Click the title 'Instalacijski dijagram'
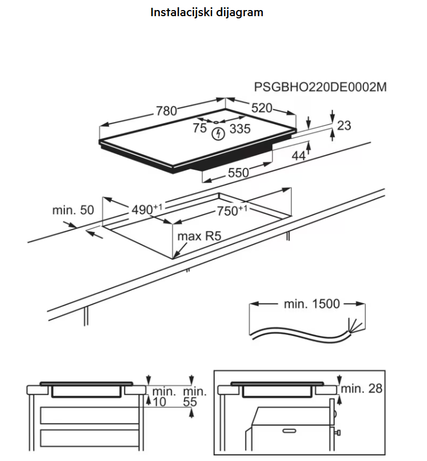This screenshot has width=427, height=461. coord(207,12)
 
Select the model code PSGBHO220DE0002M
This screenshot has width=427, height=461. coord(320,88)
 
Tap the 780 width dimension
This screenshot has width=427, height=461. coord(166,111)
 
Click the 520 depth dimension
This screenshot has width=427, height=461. coord(262,108)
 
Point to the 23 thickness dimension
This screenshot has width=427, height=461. coord(344,125)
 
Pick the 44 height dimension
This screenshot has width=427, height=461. coord(299,157)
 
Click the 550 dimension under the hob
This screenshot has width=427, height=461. coord(238,173)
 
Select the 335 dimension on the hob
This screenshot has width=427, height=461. coord(240,129)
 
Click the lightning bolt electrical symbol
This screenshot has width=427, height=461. coord(219,134)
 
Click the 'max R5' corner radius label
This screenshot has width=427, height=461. coord(199,236)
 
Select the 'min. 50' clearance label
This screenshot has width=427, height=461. coord(73,210)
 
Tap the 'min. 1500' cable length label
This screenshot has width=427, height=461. coord(311,304)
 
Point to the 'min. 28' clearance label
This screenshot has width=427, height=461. coord(362,389)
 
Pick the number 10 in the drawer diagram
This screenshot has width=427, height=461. coord(159,401)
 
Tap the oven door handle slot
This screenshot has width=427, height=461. coord(292,431)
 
